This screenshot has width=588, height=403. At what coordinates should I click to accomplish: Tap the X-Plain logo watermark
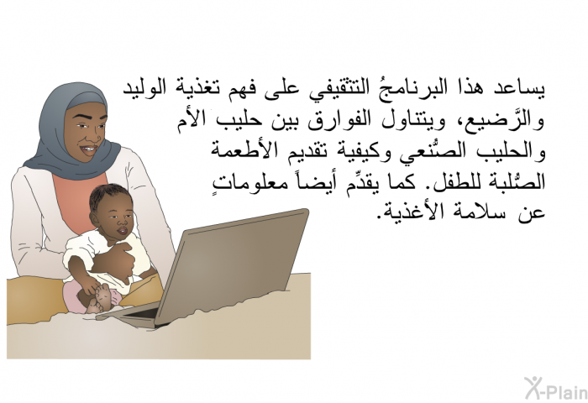[556, 389]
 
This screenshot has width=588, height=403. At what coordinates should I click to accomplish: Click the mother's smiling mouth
[89, 149]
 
